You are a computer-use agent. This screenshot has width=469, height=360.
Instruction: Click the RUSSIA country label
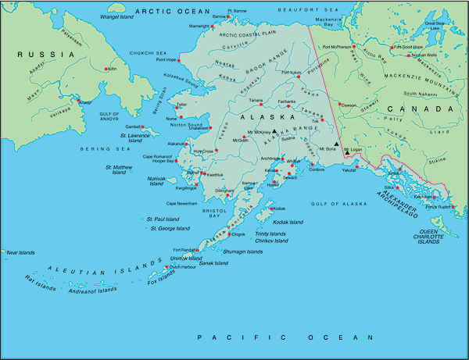(x=36, y=55)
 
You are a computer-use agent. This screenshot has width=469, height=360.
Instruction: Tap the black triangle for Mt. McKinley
(x=274, y=132)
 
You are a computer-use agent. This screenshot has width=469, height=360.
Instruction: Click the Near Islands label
(x=22, y=252)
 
